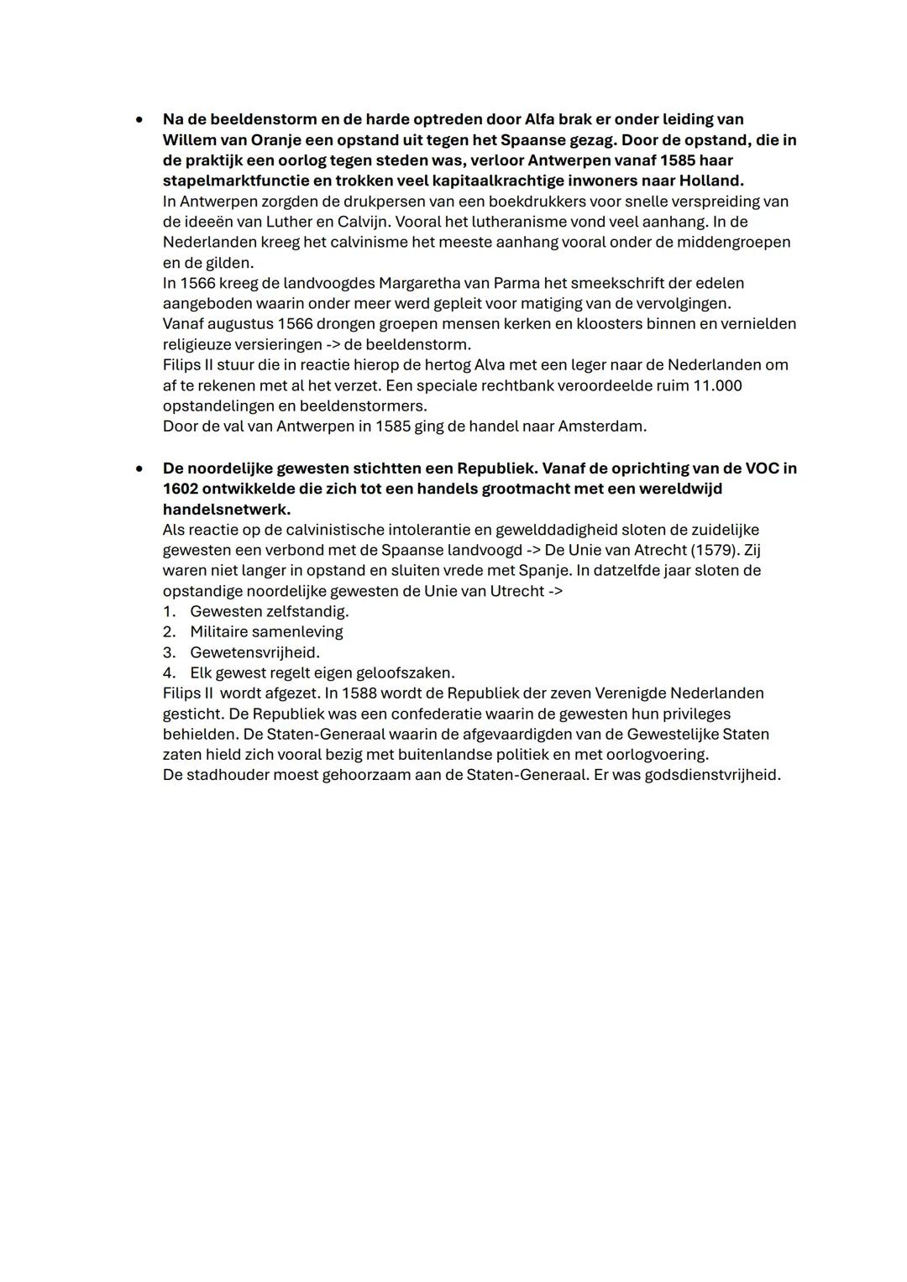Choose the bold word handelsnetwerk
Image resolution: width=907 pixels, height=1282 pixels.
click(226, 509)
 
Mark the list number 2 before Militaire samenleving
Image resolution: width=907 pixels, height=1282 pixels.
click(169, 631)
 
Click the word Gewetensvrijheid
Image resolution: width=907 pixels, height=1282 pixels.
click(254, 652)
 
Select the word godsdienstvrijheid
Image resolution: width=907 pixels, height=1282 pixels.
click(711, 775)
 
